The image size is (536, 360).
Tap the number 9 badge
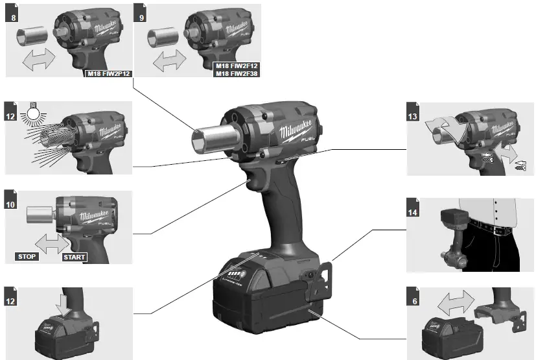pos(141,16)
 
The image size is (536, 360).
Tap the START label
pos(73,257)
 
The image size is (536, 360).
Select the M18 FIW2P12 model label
pos(110,73)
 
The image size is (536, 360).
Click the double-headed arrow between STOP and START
pos(50,245)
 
